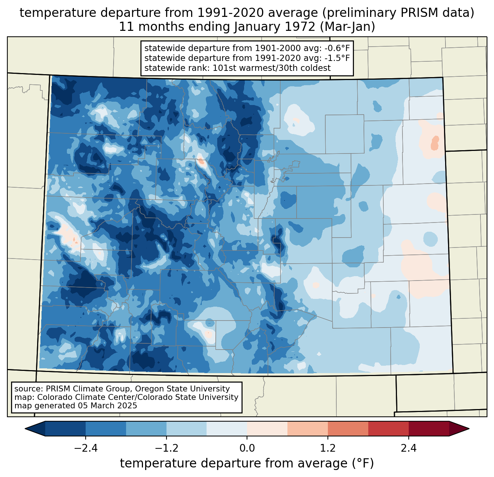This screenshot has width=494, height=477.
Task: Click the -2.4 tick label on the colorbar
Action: tap(85, 448)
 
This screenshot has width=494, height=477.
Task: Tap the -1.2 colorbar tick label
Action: tap(166, 448)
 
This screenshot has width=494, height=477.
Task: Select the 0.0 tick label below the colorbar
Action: tap(247, 448)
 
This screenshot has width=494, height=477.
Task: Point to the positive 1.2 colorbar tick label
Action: tap(328, 448)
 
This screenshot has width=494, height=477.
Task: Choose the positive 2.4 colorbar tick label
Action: tap(409, 448)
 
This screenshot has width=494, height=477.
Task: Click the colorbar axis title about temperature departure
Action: tap(247, 463)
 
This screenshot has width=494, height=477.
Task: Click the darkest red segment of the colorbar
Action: tap(429, 429)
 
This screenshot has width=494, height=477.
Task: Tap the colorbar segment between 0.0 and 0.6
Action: tap(267, 429)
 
